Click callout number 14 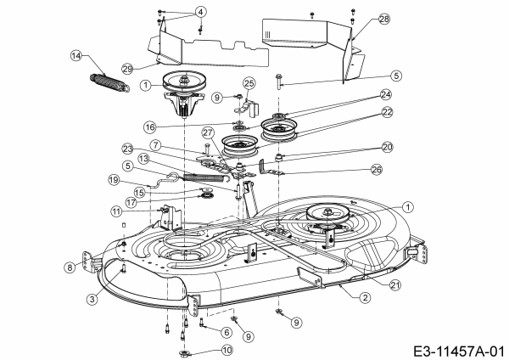[76, 56]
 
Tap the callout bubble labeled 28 [361, 19]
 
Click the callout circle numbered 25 [249, 82]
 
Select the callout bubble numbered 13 [144, 159]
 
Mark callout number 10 [227, 349]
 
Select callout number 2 [364, 297]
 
